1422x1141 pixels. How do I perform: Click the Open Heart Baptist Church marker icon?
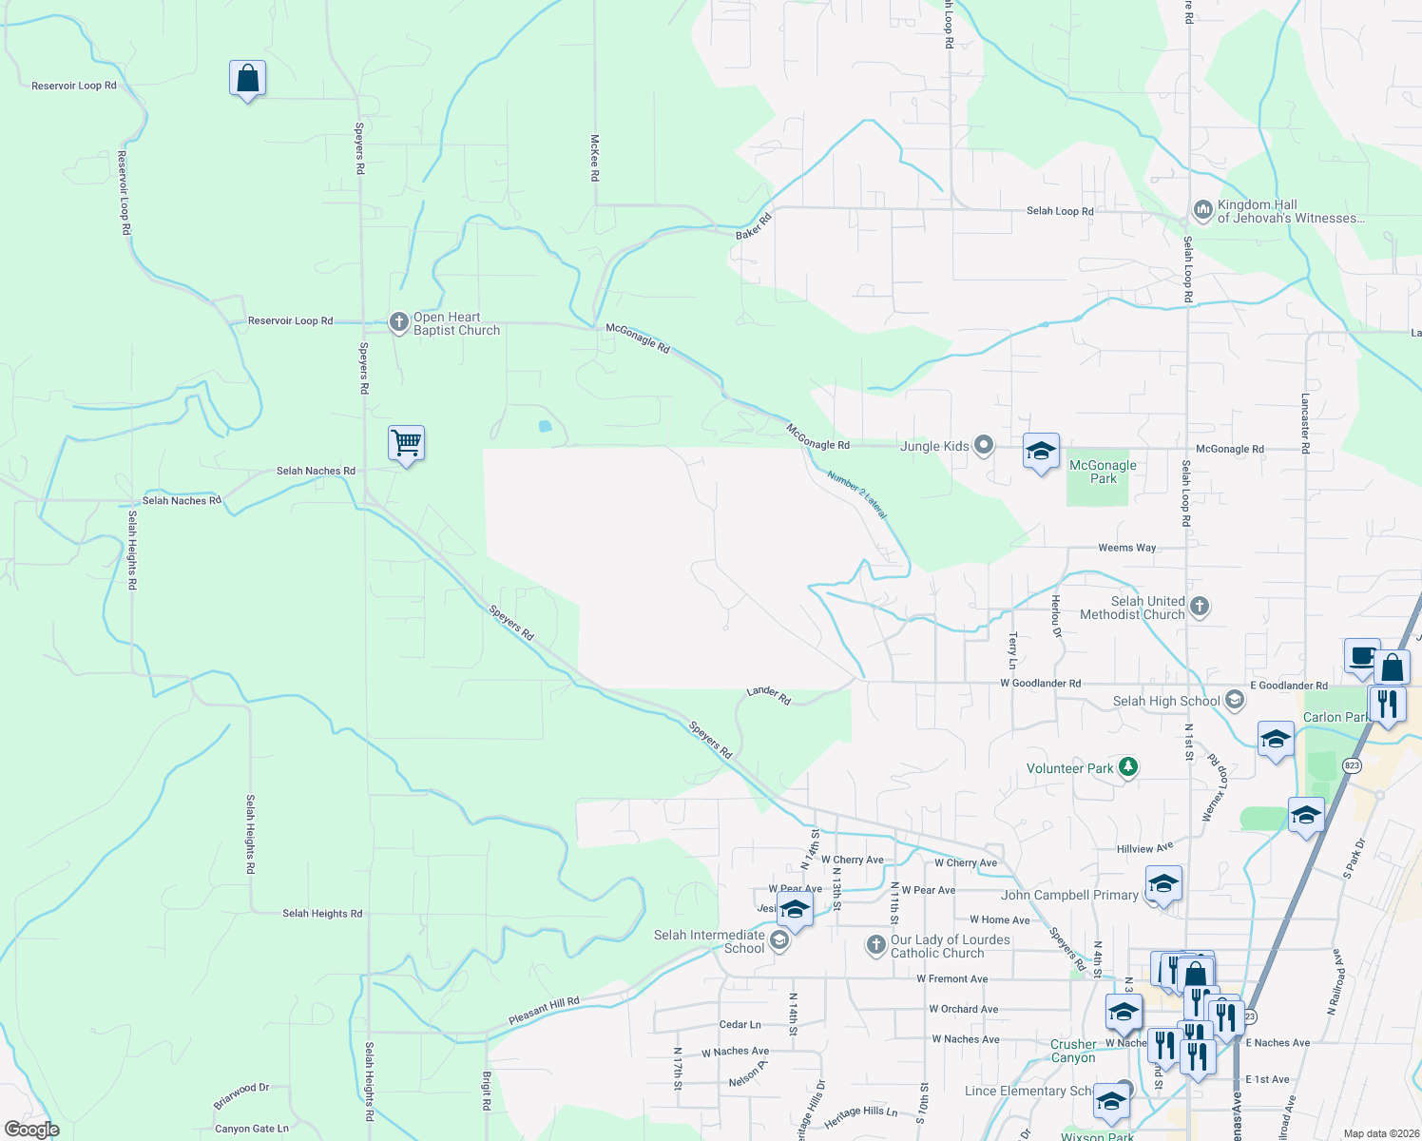(x=399, y=322)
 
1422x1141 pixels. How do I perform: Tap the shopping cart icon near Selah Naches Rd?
(x=406, y=442)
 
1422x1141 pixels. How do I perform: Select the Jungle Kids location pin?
(x=984, y=445)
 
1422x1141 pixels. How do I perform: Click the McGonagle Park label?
(x=1103, y=472)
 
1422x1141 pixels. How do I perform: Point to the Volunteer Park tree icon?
(x=1128, y=766)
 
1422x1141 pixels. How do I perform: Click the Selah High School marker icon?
(x=1234, y=701)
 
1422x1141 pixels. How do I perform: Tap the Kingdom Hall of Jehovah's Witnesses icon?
(x=1202, y=209)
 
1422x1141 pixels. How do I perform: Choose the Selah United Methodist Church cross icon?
(x=1200, y=606)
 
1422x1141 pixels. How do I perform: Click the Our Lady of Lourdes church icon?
(x=875, y=945)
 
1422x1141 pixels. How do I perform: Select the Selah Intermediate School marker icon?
(x=779, y=941)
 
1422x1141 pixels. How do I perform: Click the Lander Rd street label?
(x=769, y=695)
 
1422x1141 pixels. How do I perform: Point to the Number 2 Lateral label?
(x=856, y=494)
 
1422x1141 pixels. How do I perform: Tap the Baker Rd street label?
(x=753, y=226)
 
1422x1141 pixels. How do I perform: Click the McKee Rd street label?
(x=595, y=157)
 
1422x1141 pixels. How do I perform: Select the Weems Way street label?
(x=1126, y=548)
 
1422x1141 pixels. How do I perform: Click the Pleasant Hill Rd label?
(x=544, y=1011)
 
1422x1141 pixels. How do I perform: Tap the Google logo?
(x=31, y=1130)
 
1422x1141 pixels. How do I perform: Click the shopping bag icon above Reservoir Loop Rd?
(x=247, y=79)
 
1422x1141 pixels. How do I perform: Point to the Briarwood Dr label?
(x=241, y=1095)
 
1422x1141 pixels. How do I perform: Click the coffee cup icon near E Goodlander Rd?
(x=1361, y=656)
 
